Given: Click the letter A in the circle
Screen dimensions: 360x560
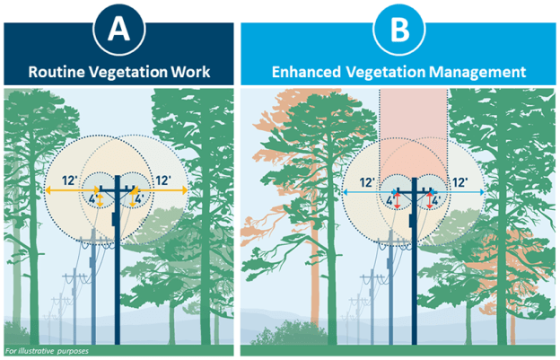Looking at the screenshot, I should (x=119, y=30).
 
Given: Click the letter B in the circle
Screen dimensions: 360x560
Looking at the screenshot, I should (x=400, y=30).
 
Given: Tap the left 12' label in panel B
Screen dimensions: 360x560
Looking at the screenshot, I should (x=367, y=180).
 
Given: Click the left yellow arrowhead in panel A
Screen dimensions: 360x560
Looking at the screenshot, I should (x=48, y=191).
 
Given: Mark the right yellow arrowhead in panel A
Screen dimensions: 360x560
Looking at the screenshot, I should (x=184, y=191).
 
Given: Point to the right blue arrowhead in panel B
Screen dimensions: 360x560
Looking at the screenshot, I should (x=482, y=192).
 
